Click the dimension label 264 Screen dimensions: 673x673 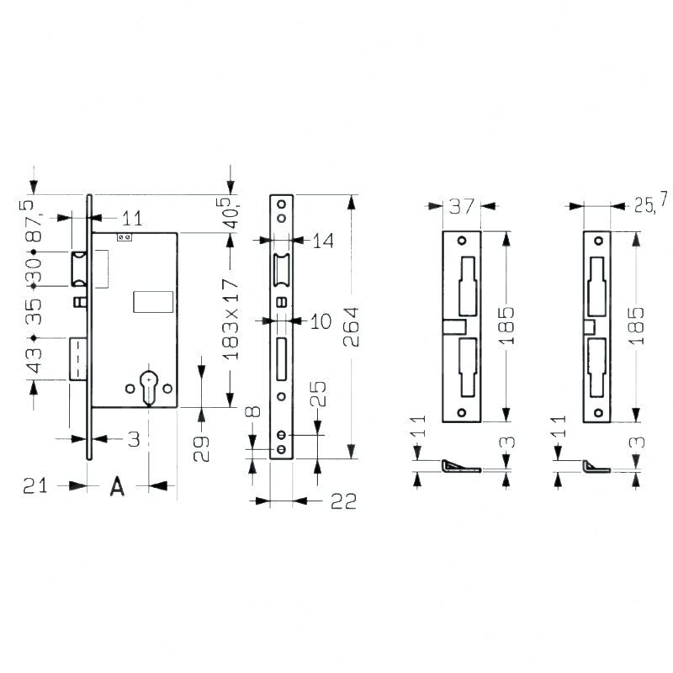click(351, 326)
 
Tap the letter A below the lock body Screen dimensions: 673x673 click(117, 486)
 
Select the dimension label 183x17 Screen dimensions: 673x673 click(231, 319)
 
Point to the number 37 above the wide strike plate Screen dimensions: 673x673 click(462, 206)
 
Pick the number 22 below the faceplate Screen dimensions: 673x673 click(343, 501)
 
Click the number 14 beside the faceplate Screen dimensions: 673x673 click(323, 241)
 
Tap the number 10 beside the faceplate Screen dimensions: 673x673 click(321, 321)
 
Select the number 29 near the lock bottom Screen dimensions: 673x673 click(201, 448)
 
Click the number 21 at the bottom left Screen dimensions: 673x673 click(35, 486)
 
